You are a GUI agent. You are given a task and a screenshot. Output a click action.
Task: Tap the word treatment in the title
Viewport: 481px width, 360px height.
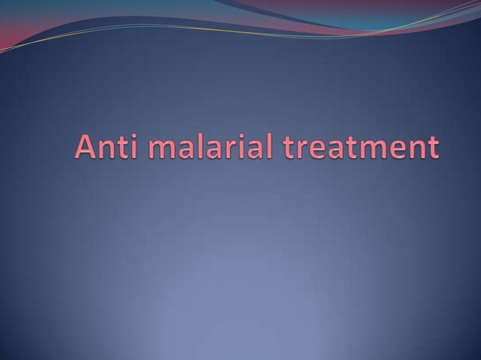coord(360,147)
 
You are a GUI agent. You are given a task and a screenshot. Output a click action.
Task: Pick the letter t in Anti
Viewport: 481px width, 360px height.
coord(124,147)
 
